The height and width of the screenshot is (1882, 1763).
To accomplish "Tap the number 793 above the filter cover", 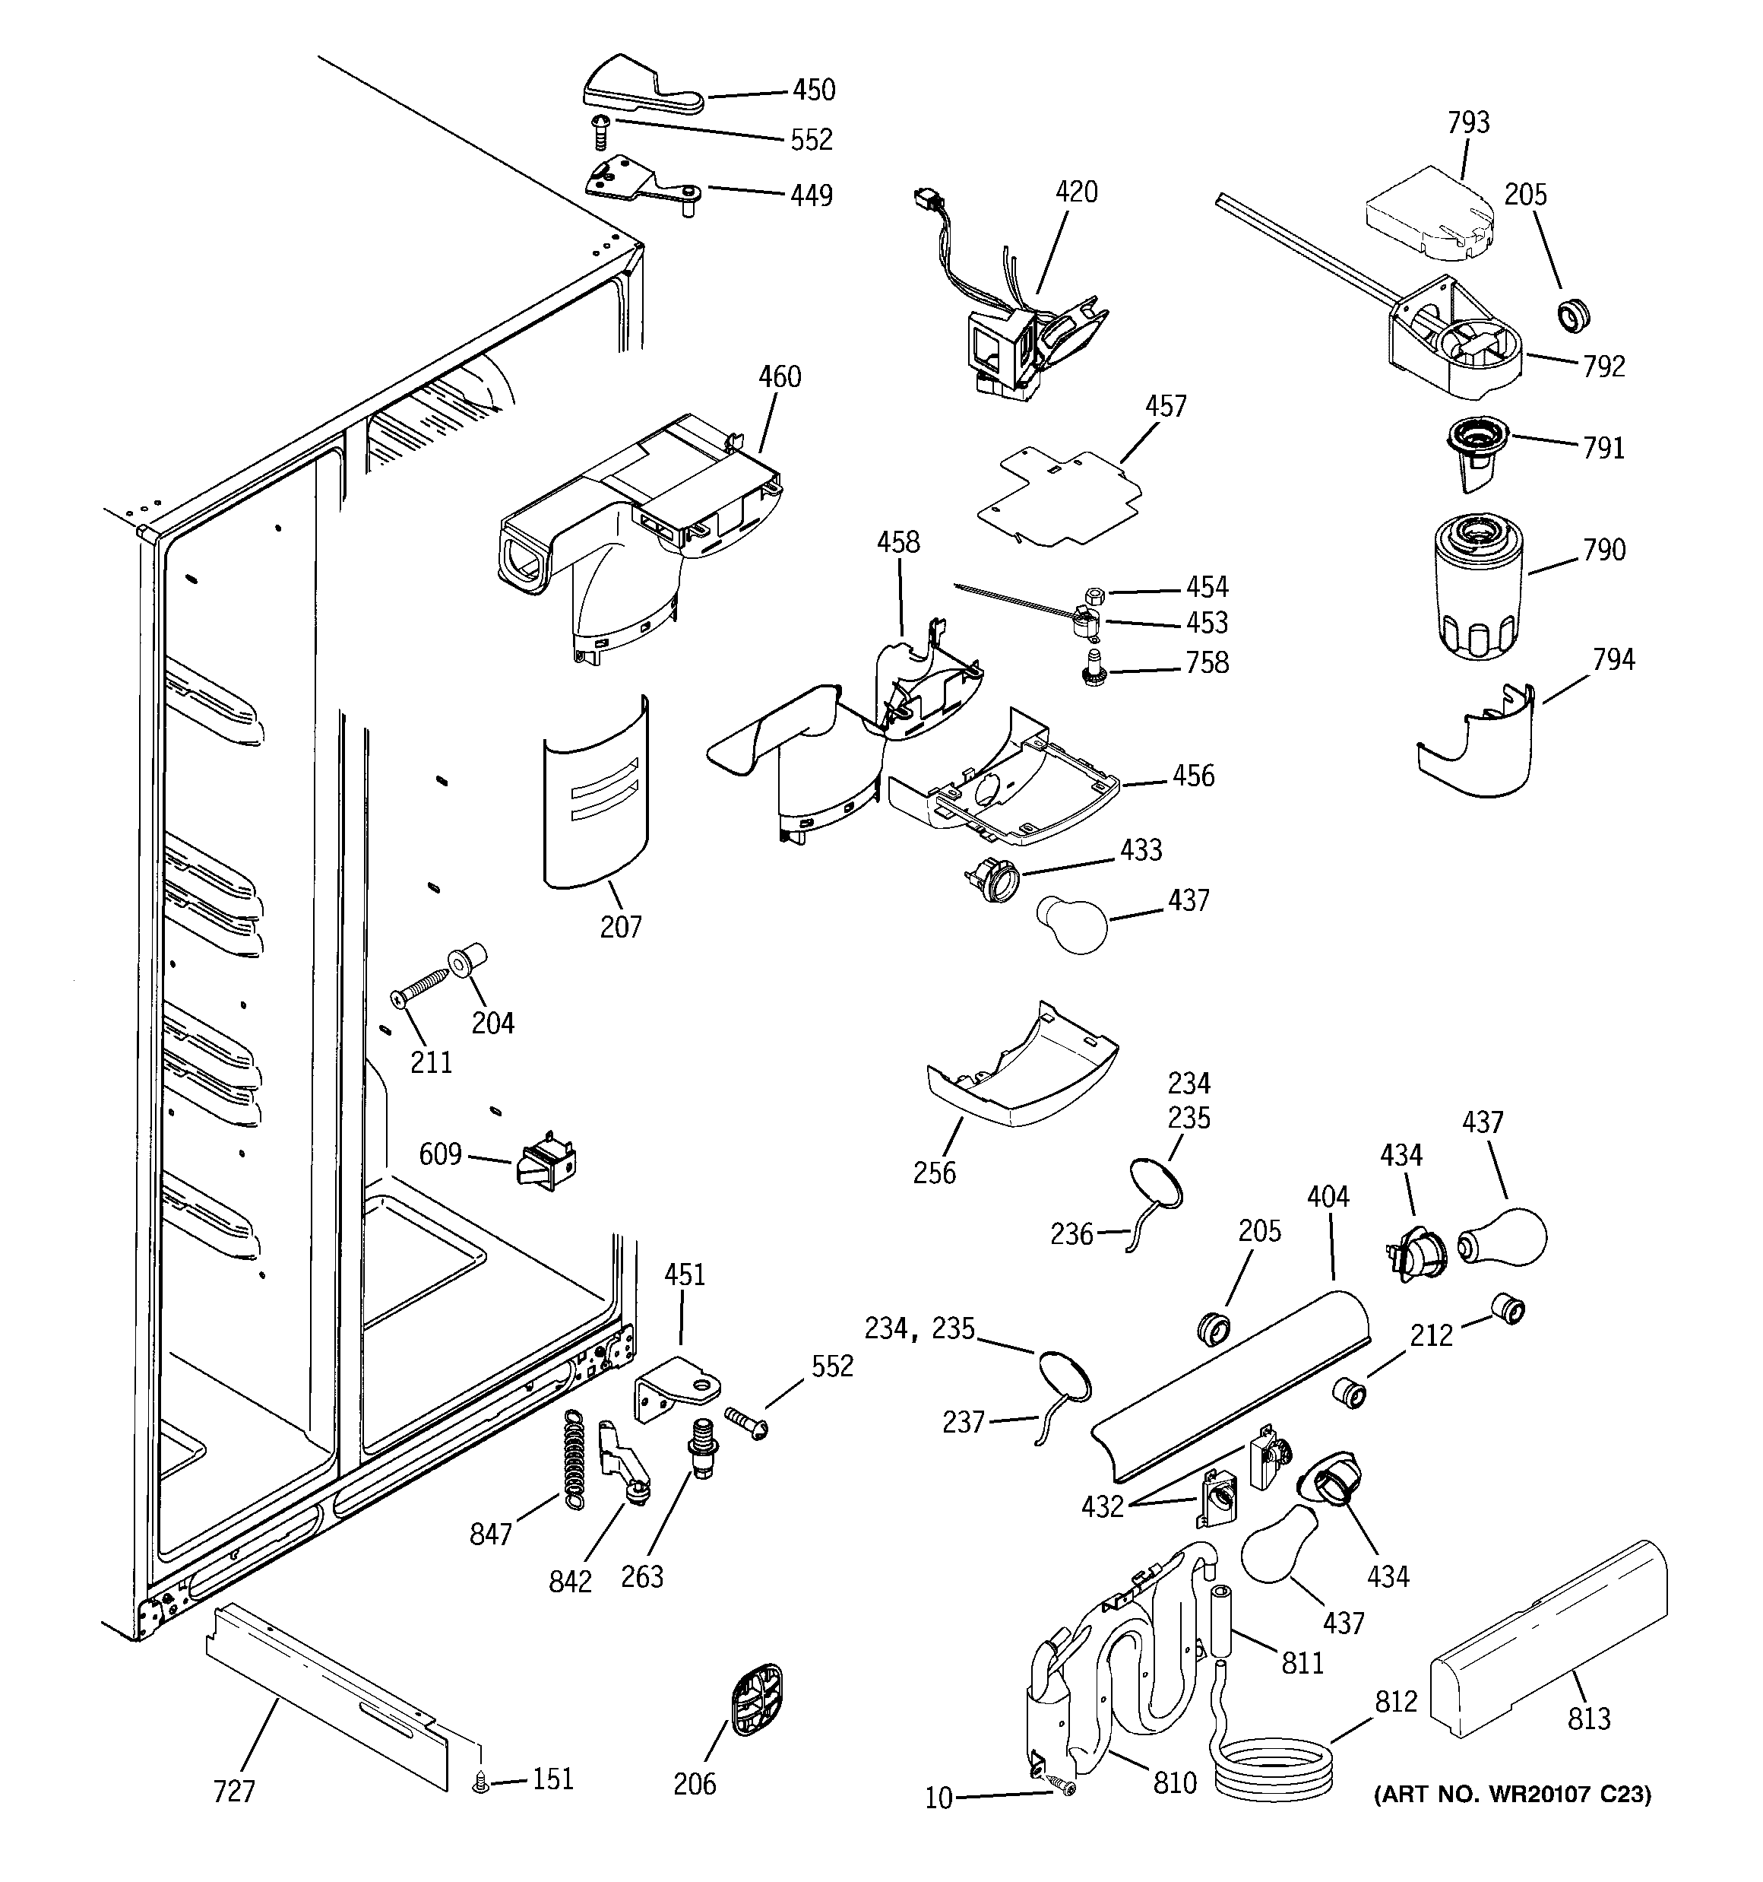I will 1467,122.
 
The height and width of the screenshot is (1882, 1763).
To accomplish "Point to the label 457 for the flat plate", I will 1165,406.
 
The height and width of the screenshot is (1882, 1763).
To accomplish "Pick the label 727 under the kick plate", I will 234,1791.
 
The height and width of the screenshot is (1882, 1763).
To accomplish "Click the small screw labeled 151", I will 481,1784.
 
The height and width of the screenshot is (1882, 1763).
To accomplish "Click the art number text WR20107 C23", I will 1511,1794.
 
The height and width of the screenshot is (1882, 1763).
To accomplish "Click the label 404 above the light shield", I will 1328,1197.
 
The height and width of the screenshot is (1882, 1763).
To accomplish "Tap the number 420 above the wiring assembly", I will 1076,192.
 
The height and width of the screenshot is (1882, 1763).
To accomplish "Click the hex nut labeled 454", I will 1091,595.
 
